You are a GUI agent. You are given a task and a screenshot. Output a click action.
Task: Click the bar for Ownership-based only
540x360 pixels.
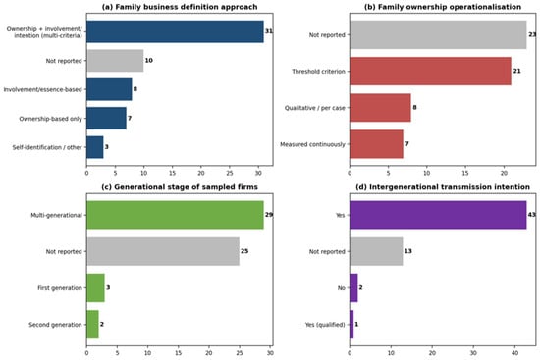[x=106, y=119]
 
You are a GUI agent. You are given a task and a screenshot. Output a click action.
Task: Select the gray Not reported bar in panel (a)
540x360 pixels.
[x=115, y=61]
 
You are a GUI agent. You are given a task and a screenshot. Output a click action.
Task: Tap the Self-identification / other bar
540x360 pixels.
[x=95, y=147]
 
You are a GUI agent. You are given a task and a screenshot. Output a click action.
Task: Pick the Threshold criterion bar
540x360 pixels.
[x=430, y=72]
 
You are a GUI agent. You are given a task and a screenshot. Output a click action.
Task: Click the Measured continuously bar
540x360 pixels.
[x=376, y=144]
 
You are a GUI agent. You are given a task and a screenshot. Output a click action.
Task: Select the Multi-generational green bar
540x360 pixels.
[x=175, y=215]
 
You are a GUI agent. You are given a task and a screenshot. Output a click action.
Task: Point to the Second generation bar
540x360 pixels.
[x=92, y=325]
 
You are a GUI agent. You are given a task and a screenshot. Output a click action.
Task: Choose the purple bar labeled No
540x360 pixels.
[x=353, y=287]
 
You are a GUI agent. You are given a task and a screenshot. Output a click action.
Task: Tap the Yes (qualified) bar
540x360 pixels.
[x=351, y=325]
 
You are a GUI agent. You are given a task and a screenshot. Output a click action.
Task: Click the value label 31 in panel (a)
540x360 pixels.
[x=269, y=31]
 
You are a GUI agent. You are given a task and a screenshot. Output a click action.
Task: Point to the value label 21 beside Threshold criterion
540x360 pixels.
[x=516, y=71]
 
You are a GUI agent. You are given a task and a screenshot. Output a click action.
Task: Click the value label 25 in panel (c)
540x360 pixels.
[x=244, y=251]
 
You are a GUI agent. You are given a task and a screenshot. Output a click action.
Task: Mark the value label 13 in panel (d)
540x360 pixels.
[x=408, y=251]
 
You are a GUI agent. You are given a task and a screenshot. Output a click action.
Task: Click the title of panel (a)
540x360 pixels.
[x=180, y=7]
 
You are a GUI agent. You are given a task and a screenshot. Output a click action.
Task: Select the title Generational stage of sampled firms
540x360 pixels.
[x=186, y=187]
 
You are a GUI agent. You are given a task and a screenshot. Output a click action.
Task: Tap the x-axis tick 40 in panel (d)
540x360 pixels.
[x=514, y=353]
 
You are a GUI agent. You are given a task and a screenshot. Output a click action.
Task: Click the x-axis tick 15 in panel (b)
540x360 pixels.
[x=465, y=173]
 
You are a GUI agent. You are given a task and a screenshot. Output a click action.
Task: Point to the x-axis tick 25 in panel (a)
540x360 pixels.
[x=230, y=173]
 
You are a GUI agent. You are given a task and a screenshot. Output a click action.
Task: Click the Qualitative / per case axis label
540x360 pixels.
[x=314, y=108]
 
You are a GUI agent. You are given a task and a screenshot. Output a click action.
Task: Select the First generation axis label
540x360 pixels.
[x=60, y=288]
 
